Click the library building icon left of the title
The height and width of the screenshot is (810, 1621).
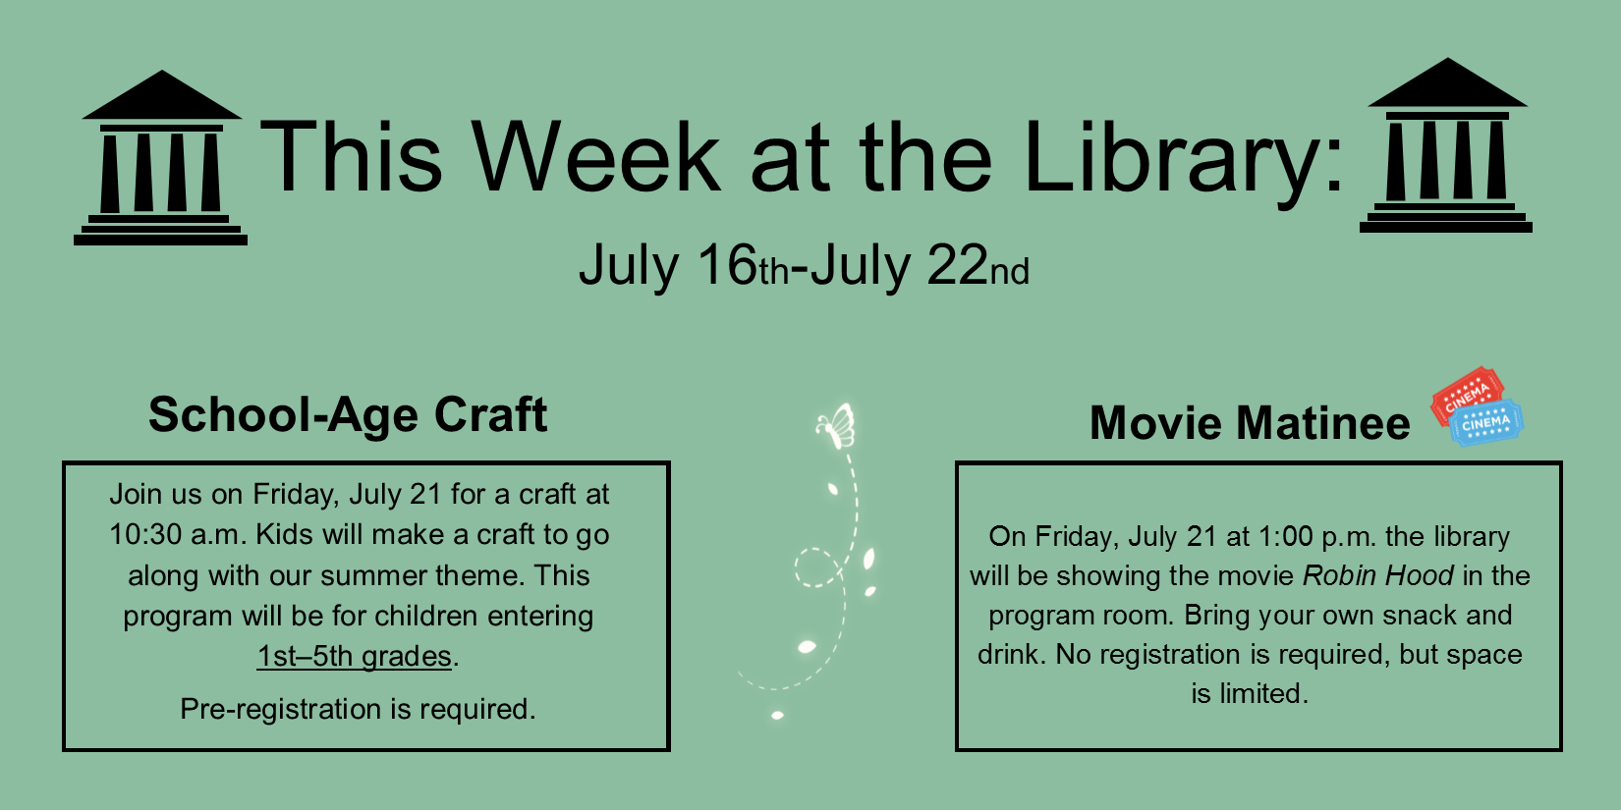click(161, 158)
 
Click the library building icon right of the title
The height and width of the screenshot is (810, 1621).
click(1446, 145)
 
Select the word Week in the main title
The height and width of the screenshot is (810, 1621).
click(597, 157)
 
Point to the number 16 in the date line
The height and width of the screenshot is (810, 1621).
click(727, 265)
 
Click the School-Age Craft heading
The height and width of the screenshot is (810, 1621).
click(348, 416)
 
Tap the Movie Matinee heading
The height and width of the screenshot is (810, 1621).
click(1250, 422)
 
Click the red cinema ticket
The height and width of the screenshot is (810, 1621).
click(1466, 393)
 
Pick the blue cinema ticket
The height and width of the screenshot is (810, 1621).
click(1486, 422)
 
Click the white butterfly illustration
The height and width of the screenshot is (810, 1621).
click(837, 426)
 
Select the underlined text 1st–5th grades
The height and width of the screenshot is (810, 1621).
click(355, 656)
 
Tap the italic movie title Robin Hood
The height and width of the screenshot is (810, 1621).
click(1377, 575)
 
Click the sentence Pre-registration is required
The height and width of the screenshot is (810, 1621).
click(358, 709)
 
